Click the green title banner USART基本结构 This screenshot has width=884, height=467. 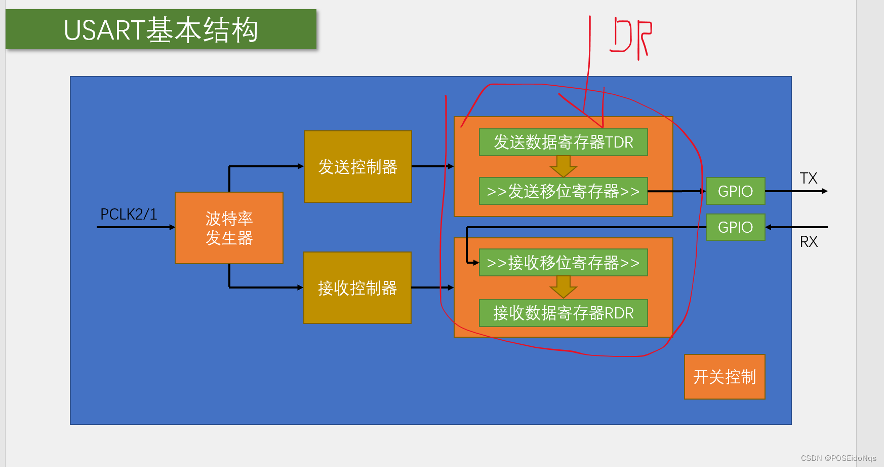tap(161, 29)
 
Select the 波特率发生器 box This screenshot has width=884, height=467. tap(229, 228)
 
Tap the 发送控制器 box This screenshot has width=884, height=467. tap(357, 167)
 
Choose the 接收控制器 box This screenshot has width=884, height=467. tap(357, 288)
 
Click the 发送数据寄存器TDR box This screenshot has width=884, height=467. tap(563, 142)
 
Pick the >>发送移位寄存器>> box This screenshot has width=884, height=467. tap(563, 191)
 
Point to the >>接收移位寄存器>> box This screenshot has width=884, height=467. tap(563, 263)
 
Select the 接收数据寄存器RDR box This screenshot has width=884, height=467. tap(563, 313)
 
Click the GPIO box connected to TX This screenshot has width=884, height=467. tap(735, 191)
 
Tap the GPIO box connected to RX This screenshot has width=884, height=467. tap(735, 227)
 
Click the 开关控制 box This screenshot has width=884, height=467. tap(725, 377)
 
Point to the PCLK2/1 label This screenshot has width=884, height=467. tap(129, 214)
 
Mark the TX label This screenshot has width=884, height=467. tap(809, 178)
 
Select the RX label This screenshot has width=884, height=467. tap(809, 242)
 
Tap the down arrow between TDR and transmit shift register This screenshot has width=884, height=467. tap(563, 166)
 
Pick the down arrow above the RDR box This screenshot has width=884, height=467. tap(563, 288)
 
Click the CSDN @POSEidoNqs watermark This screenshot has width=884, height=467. tap(838, 458)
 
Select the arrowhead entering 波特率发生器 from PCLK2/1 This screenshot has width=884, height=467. tap(172, 227)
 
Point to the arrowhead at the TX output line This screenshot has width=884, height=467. tap(825, 191)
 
